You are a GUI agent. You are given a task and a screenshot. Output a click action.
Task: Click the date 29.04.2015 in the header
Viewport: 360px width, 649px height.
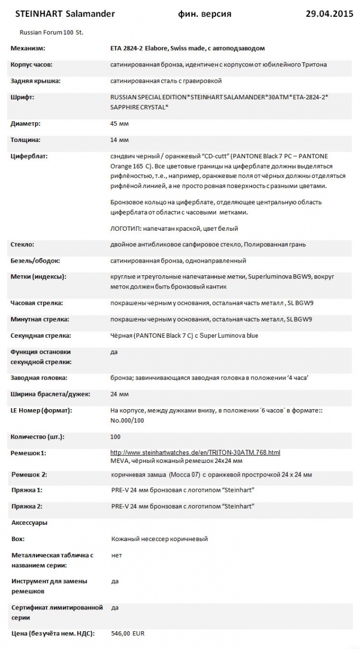click(329, 14)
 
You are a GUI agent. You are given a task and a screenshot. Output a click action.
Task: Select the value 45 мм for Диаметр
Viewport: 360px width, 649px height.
click(119, 123)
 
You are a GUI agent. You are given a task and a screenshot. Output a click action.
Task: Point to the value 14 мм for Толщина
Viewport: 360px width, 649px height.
click(119, 139)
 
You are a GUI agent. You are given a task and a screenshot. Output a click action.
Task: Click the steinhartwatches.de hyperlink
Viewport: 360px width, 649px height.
click(195, 452)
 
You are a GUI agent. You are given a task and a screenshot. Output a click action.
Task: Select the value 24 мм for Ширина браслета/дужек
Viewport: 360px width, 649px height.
click(119, 394)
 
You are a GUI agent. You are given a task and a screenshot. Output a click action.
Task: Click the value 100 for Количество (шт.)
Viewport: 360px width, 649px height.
click(116, 437)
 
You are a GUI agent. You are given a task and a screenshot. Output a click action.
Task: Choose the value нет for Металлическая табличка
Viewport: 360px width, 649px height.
click(117, 555)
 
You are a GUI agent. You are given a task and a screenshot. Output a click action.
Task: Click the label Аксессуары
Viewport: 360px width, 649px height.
click(29, 522)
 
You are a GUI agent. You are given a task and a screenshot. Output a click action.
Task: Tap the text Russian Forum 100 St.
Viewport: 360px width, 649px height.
click(51, 32)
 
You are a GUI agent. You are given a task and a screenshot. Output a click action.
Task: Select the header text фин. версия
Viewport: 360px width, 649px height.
click(205, 14)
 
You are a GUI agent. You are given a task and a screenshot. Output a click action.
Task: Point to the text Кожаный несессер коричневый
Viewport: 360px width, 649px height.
click(159, 539)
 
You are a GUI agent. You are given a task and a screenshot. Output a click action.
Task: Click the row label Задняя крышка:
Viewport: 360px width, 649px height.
click(35, 81)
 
